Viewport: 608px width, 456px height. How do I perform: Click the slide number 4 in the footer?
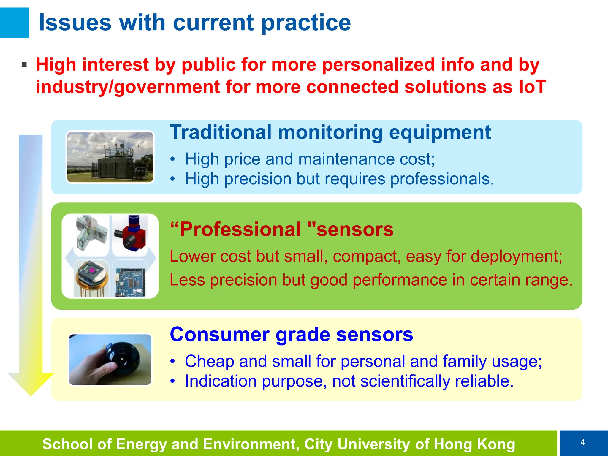click(x=582, y=442)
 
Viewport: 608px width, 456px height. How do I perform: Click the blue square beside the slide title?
click(x=14, y=23)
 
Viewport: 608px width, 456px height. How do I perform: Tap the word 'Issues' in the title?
click(x=75, y=23)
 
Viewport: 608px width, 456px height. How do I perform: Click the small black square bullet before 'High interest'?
click(x=24, y=65)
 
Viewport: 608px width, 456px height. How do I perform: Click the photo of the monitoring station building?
click(x=110, y=157)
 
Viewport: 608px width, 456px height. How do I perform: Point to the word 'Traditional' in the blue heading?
click(x=221, y=132)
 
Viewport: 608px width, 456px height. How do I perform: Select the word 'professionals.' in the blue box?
click(x=442, y=179)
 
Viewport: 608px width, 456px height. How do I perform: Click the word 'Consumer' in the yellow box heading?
click(x=220, y=335)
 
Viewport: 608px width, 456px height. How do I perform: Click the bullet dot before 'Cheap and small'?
click(x=173, y=362)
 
